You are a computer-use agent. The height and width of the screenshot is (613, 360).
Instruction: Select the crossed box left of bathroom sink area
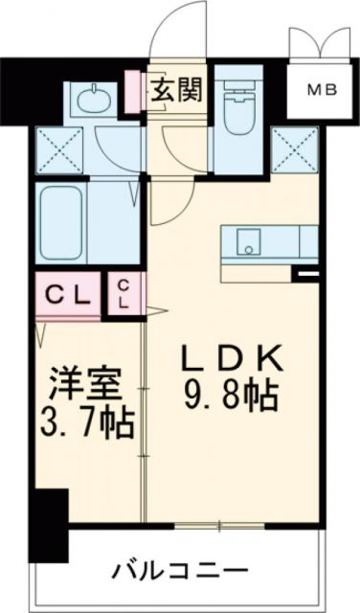pos(58,148)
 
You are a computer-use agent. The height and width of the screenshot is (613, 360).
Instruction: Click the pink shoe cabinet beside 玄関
pos(136,93)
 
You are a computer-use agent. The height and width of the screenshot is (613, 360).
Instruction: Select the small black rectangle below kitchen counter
pos(306,278)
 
